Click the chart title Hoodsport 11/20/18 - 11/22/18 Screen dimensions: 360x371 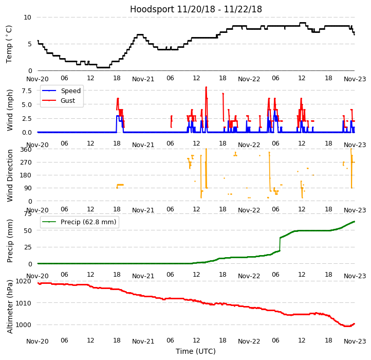click(196, 9)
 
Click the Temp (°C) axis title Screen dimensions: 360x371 click(9, 44)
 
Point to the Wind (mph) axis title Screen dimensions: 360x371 click(10, 110)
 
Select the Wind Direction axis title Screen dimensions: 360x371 click(10, 175)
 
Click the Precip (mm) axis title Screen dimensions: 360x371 click(10, 241)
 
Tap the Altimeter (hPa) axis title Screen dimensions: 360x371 click(10, 307)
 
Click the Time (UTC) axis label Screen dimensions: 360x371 click(196, 351)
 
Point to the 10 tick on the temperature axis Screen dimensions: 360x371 click(27, 17)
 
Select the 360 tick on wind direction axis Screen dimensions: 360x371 click(25, 149)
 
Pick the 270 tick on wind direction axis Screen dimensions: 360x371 click(25, 162)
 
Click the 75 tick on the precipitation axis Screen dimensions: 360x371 click(27, 214)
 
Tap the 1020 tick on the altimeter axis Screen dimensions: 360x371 click(23, 281)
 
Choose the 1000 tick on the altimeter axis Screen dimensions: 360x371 click(23, 325)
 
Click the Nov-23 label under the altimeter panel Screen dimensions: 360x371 click(355, 341)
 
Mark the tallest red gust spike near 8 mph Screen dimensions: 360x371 click(206, 88)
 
